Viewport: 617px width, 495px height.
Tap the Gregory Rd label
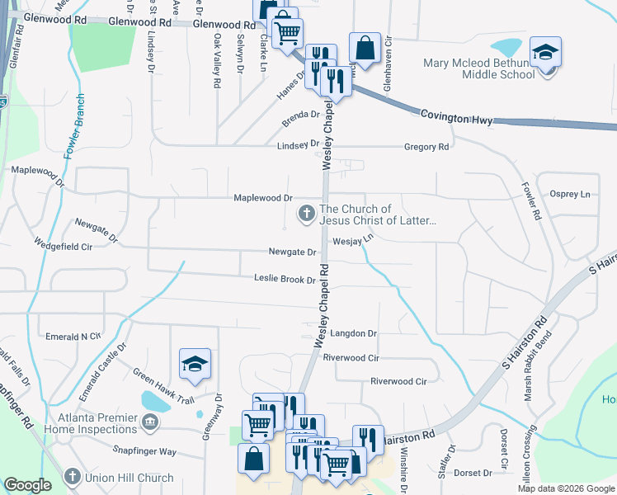(x=426, y=147)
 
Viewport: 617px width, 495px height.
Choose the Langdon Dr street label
(x=353, y=333)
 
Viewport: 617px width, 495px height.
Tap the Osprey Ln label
(x=573, y=194)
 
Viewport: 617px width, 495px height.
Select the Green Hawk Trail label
(x=162, y=389)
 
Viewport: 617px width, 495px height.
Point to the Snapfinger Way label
(x=144, y=451)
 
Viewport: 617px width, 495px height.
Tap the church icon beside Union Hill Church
(x=73, y=477)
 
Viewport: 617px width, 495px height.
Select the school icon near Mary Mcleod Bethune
(x=544, y=53)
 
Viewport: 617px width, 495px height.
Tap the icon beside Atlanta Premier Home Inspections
(x=150, y=423)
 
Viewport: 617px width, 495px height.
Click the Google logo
(x=28, y=485)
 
